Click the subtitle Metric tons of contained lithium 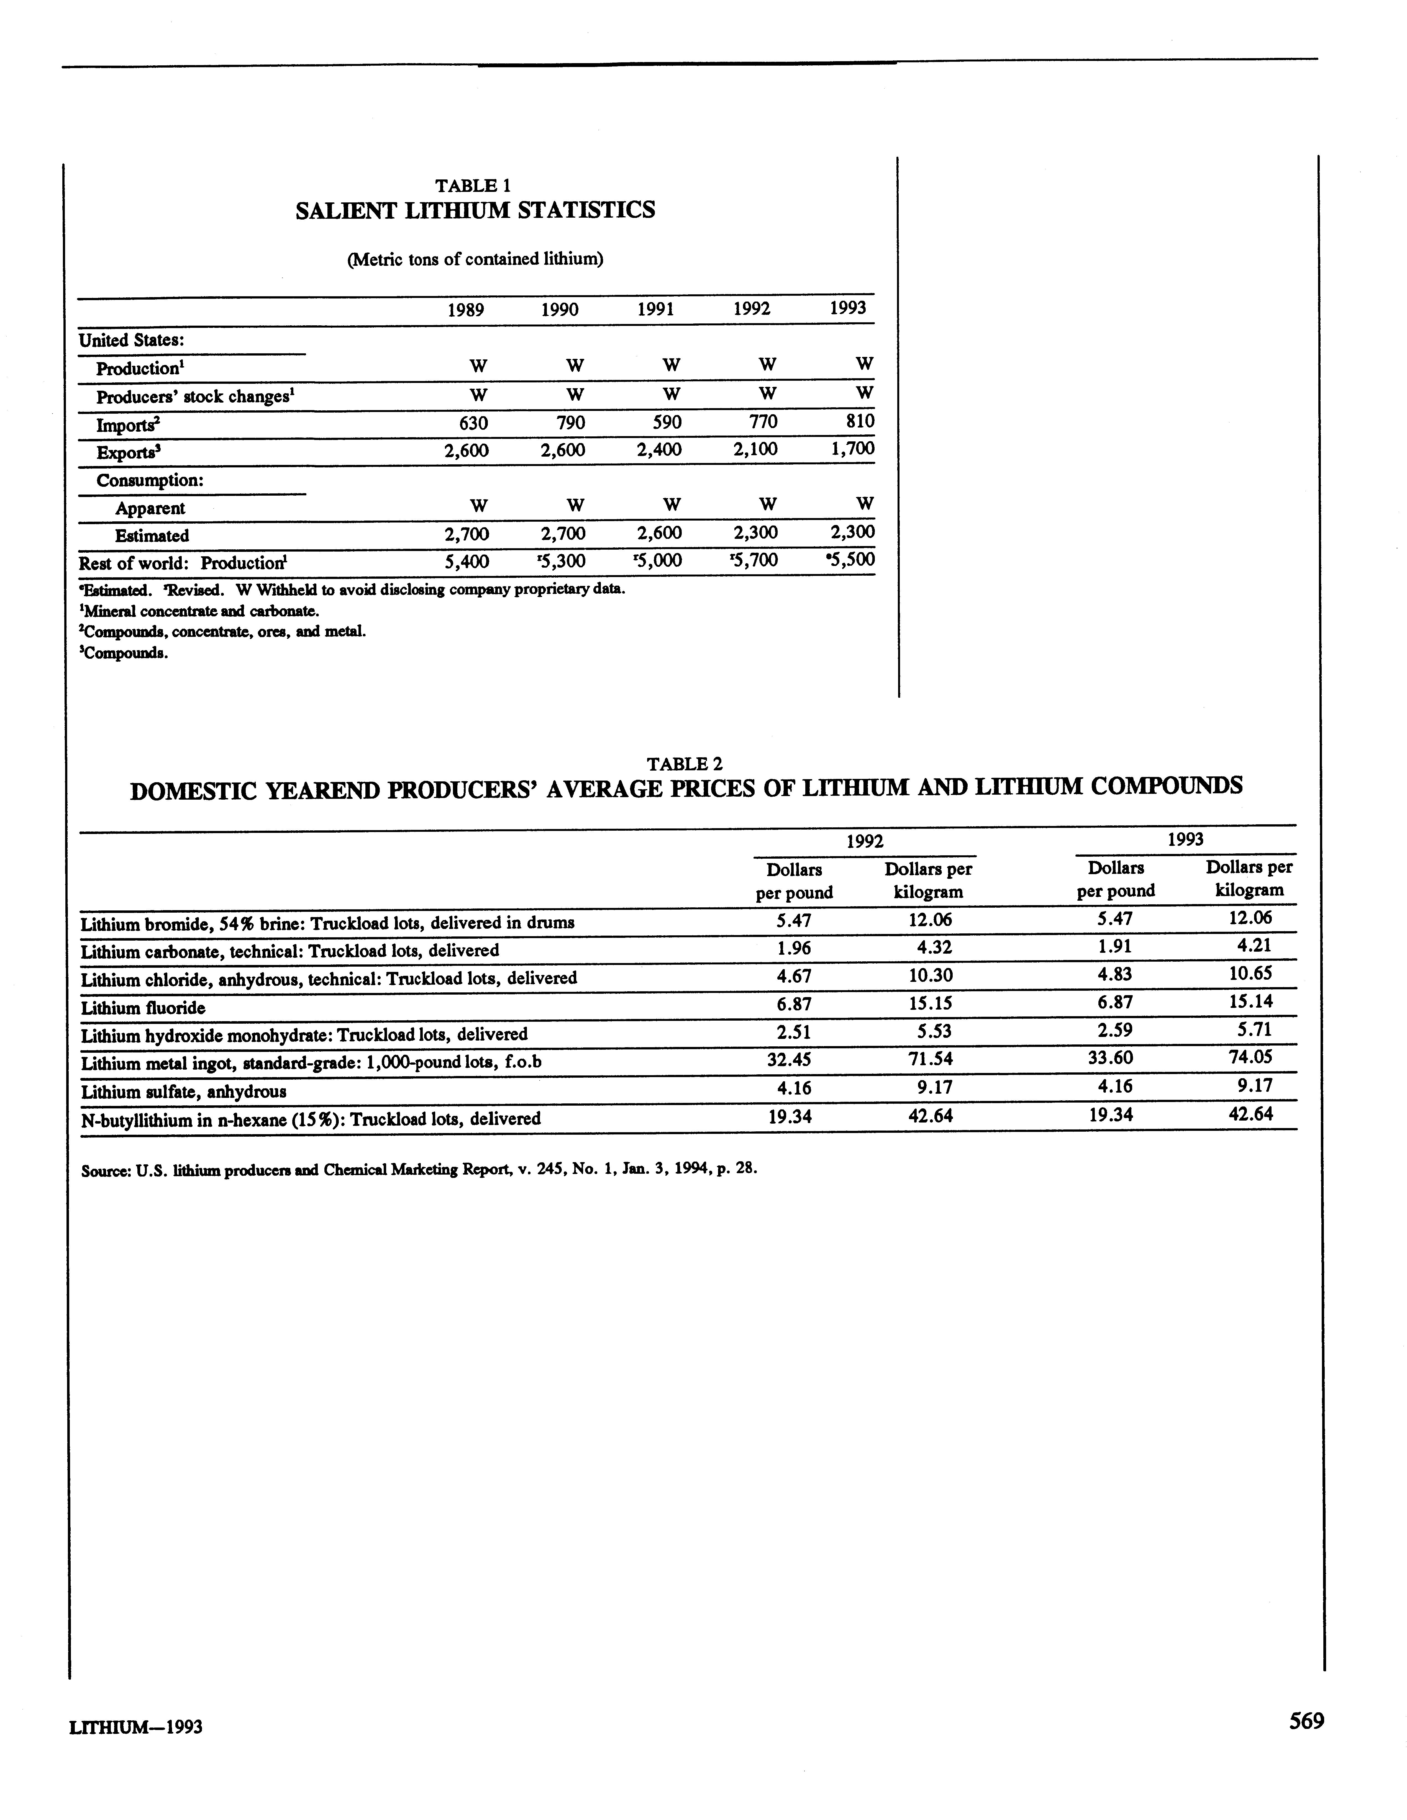474,259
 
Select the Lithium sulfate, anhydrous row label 183,1091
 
